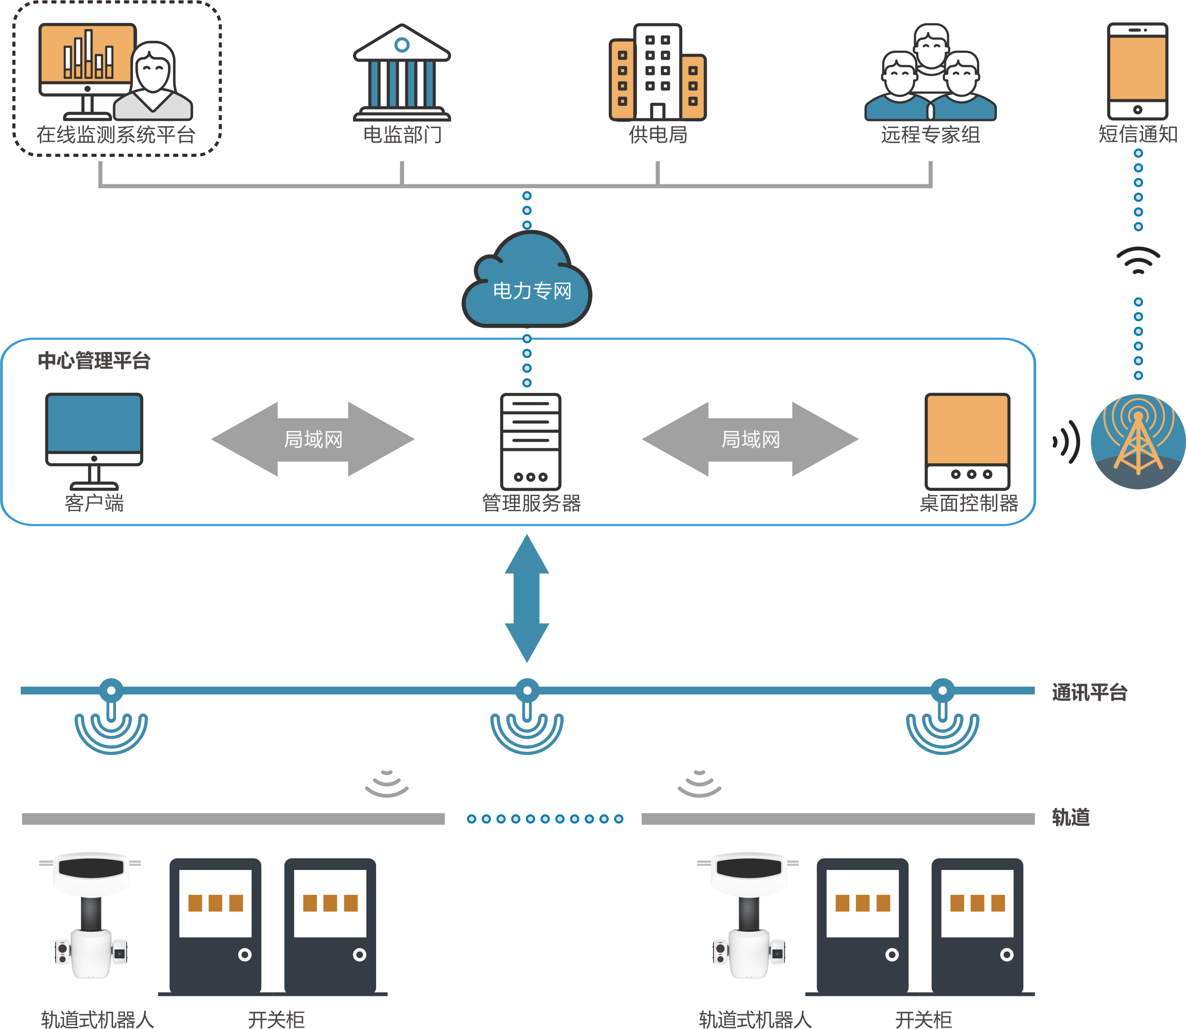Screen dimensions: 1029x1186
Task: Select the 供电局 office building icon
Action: (657, 72)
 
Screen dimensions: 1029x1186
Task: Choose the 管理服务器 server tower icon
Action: (530, 441)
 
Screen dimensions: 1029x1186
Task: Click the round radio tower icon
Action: (1138, 442)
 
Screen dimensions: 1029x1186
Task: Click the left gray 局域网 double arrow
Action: (313, 439)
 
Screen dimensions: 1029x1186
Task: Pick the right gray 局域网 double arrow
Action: (750, 439)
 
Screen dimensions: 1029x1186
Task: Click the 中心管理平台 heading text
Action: (94, 361)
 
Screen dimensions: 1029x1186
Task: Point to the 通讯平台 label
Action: (1089, 692)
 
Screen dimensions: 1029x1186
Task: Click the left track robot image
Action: (91, 916)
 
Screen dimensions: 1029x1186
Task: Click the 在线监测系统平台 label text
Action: (116, 135)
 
